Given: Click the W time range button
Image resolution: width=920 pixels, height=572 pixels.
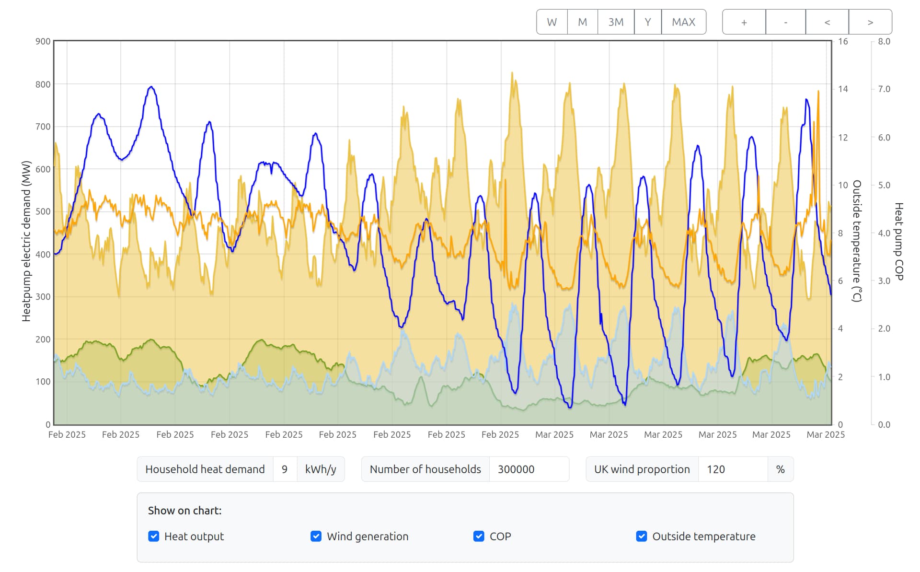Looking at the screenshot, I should pyautogui.click(x=552, y=22).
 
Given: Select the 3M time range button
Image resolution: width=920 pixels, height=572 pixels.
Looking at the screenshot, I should pyautogui.click(x=616, y=22).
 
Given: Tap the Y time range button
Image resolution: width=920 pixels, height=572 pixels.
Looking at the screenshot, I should pyautogui.click(x=647, y=22).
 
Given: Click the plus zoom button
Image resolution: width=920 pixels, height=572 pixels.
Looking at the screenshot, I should pyautogui.click(x=744, y=22).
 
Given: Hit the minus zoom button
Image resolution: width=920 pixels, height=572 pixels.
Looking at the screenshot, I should pyautogui.click(x=785, y=22).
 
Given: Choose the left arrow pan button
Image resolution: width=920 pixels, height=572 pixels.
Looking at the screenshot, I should pyautogui.click(x=827, y=22).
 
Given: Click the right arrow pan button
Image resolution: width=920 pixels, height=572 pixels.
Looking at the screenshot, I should pyautogui.click(x=870, y=22).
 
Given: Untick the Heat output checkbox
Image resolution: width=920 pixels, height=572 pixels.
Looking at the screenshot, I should pyautogui.click(x=154, y=536).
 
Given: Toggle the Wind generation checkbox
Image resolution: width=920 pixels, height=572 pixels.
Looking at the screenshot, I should pyautogui.click(x=316, y=536).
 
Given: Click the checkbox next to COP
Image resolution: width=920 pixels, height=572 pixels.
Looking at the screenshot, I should pyautogui.click(x=479, y=536).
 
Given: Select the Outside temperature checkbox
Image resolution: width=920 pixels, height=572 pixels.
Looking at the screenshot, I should pyautogui.click(x=642, y=536).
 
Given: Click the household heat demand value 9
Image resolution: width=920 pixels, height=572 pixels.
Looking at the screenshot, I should pyautogui.click(x=285, y=469).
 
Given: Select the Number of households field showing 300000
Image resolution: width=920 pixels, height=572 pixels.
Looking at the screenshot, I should pyautogui.click(x=529, y=469).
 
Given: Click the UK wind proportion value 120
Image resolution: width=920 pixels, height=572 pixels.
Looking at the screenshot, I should pyautogui.click(x=733, y=469).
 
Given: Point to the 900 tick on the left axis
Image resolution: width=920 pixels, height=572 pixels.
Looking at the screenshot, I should pyautogui.click(x=43, y=42).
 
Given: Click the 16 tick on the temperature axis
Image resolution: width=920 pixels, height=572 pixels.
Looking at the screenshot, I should pyautogui.click(x=843, y=42).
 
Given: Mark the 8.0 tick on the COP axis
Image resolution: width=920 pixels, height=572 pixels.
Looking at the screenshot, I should pyautogui.click(x=884, y=42).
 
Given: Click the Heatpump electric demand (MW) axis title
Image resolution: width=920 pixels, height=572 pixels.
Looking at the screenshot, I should pyautogui.click(x=26, y=241).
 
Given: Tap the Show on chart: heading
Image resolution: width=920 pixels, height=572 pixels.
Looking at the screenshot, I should pyautogui.click(x=184, y=511).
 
